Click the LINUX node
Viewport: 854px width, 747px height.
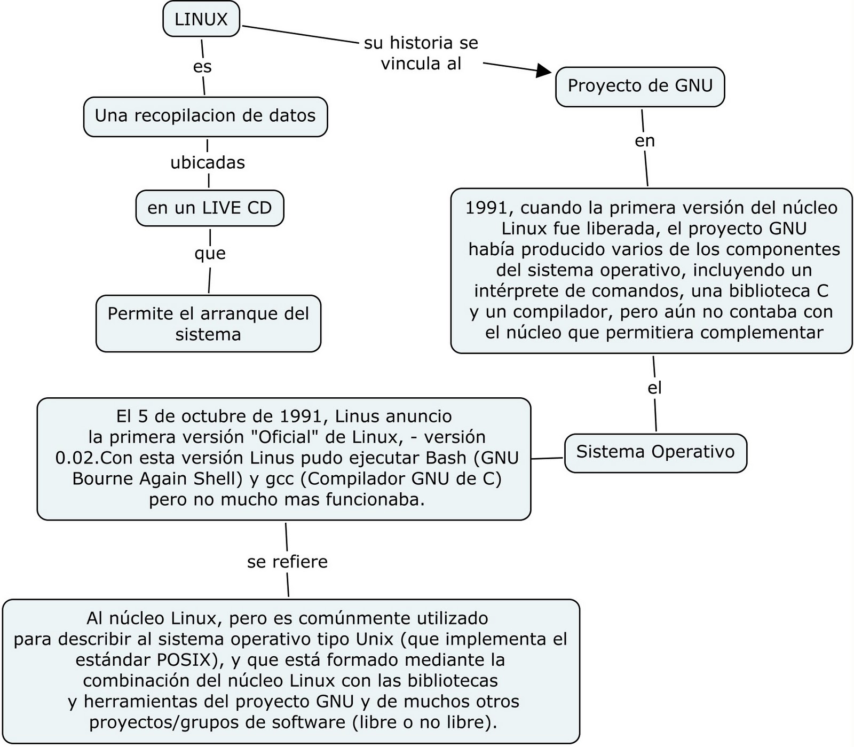coord(201,20)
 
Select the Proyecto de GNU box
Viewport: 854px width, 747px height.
coord(640,86)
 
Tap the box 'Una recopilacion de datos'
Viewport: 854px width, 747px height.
coord(205,116)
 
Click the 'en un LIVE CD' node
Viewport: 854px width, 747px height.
coord(210,208)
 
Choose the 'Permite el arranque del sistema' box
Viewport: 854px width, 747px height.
coord(208,324)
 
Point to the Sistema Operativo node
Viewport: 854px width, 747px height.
coord(655,452)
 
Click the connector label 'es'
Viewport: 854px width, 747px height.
coord(202,67)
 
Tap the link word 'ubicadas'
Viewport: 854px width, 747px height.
coord(208,162)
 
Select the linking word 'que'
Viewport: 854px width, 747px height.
coord(210,253)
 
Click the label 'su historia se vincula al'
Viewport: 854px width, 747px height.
coord(421,53)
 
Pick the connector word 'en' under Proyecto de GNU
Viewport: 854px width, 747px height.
coord(645,141)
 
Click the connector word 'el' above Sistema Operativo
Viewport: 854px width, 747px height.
coord(654,388)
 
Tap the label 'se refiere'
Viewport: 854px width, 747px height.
coord(287,562)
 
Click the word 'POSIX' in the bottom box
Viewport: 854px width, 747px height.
coord(184,660)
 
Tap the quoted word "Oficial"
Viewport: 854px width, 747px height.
coord(279,437)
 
